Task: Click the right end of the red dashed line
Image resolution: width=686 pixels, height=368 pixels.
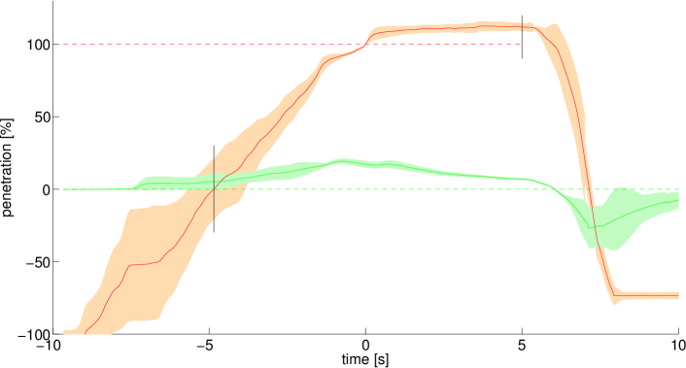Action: point(522,45)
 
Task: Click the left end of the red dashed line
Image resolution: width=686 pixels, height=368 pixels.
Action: point(64,45)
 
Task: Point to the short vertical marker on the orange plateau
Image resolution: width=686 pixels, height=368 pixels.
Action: point(522,26)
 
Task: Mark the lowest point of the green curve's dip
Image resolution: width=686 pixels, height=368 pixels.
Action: point(595,227)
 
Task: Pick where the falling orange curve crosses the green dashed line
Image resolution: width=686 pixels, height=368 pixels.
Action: point(587,189)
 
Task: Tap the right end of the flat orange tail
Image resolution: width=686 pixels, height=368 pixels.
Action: point(677,295)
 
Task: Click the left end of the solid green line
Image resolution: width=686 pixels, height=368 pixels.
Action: point(64,189)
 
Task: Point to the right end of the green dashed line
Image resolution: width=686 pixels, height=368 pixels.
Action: point(677,189)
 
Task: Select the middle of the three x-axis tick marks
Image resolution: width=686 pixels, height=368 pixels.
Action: point(366,333)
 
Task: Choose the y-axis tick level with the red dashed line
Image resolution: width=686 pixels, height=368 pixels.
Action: point(53,45)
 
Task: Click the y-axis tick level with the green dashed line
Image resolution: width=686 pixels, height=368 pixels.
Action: point(53,189)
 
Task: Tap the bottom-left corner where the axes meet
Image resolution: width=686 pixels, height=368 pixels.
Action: point(53,333)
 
